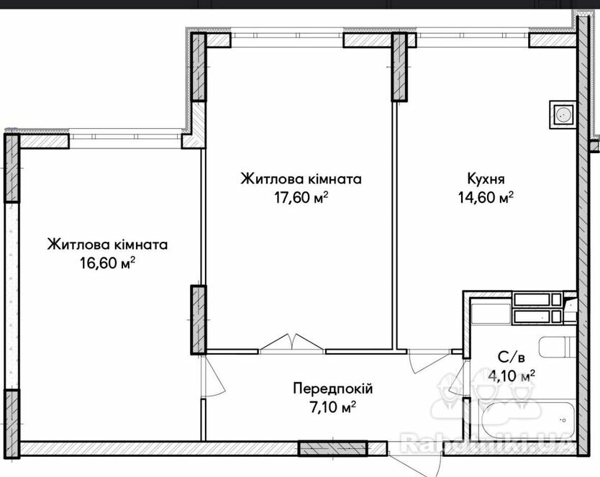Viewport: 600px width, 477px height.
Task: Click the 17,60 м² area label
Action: click(301, 197)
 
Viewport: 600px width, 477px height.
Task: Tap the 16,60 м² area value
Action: click(107, 263)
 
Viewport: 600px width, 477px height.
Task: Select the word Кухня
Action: click(486, 179)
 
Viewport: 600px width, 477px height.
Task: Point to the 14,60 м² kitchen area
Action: click(486, 197)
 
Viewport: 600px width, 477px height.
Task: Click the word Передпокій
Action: click(333, 389)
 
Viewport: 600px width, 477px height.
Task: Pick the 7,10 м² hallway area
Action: click(332, 407)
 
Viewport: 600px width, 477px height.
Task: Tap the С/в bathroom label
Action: click(512, 358)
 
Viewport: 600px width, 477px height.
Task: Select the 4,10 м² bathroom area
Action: click(512, 376)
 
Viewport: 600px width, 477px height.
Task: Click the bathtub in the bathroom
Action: click(528, 420)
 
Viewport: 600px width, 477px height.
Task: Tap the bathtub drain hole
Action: click(563, 420)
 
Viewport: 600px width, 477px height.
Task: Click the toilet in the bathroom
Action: click(557, 347)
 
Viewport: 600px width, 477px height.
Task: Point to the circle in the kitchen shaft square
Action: click(563, 114)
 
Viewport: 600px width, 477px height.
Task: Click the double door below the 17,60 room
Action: click(292, 342)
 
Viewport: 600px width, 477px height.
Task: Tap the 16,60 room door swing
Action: click(214, 377)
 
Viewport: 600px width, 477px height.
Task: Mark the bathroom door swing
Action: click(458, 378)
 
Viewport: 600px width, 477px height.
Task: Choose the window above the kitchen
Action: click(473, 35)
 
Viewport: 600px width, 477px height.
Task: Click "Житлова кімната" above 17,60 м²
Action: click(301, 179)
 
